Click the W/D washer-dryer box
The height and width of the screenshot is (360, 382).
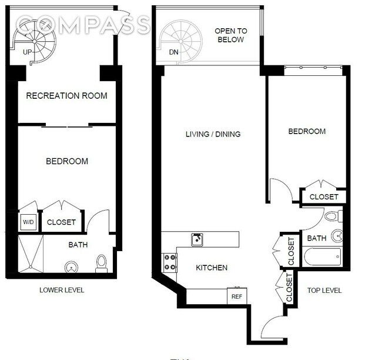(x=28, y=222)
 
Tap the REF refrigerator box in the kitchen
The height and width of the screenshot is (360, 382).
(x=237, y=296)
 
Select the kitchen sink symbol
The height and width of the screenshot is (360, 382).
(x=197, y=239)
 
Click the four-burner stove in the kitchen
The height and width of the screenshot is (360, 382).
(x=169, y=262)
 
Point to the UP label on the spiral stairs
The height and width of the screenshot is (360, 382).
(x=27, y=52)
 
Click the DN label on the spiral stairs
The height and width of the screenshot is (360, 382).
(x=173, y=52)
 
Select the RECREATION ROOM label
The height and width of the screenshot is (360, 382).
(x=66, y=95)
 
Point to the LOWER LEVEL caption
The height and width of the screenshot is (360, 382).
(x=62, y=290)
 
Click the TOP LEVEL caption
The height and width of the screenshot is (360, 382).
(x=324, y=291)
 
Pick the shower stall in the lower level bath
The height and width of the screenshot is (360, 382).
(x=32, y=254)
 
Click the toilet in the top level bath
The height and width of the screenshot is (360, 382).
(x=330, y=215)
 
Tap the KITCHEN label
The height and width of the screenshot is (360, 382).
(x=212, y=268)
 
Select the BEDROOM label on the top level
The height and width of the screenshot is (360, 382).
(x=306, y=132)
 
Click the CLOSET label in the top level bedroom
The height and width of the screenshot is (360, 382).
(x=324, y=197)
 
